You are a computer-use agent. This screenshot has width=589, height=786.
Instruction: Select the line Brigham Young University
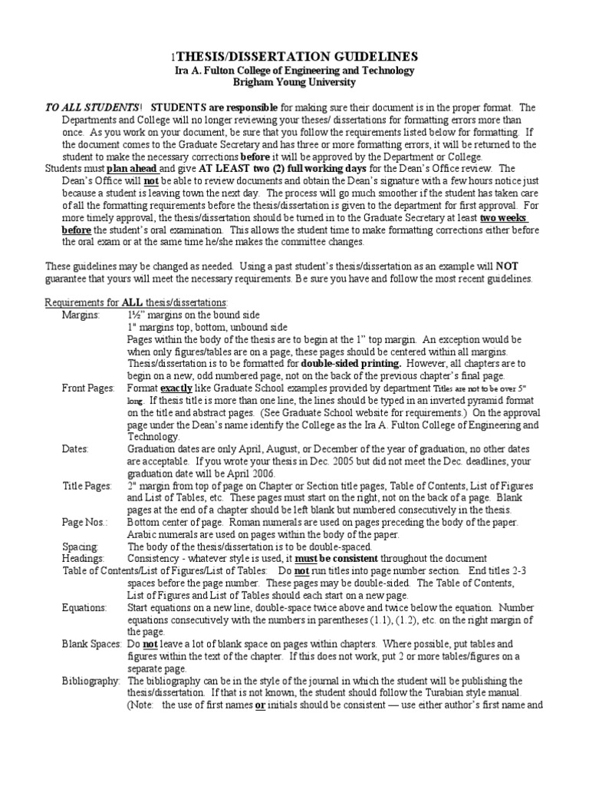(x=295, y=82)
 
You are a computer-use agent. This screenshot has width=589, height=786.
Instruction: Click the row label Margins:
(x=81, y=315)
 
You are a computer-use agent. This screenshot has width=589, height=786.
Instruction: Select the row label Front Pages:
(x=87, y=388)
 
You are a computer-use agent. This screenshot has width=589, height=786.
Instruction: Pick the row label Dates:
(x=75, y=449)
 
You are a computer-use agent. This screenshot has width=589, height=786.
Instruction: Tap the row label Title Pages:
(x=87, y=486)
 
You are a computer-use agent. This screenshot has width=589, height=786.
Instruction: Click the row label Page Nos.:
(x=85, y=523)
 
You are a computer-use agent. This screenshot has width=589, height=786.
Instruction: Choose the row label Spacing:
(x=80, y=547)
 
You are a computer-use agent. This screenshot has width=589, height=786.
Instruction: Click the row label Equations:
(x=84, y=607)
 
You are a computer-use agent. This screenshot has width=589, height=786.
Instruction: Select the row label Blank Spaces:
(x=90, y=644)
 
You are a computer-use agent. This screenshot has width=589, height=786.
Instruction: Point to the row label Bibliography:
(x=90, y=681)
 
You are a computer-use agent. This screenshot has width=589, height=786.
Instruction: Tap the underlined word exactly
(x=176, y=388)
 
